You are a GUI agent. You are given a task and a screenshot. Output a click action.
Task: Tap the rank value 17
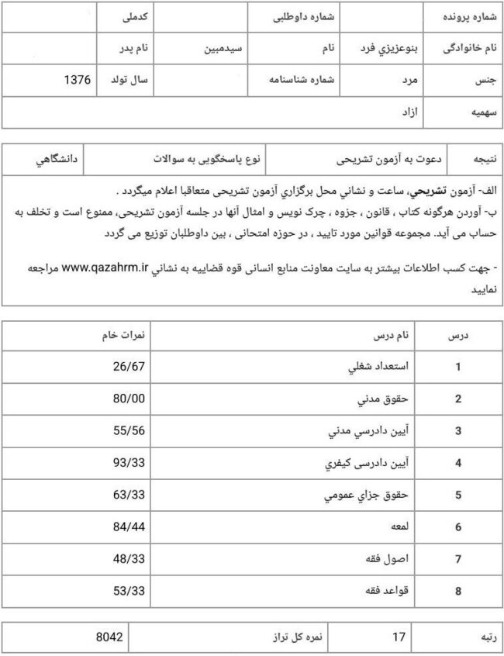click(x=399, y=637)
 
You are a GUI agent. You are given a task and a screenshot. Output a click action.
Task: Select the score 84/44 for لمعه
click(x=129, y=527)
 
